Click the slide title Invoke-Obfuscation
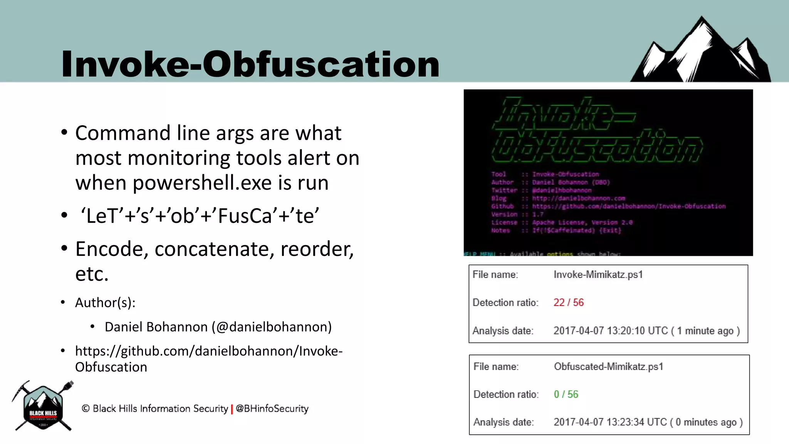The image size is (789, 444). click(x=250, y=64)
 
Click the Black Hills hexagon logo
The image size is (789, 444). click(x=43, y=407)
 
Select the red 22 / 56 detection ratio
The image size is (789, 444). click(x=568, y=303)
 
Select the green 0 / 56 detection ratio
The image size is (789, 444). click(x=566, y=394)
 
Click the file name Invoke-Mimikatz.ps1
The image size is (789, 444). click(x=598, y=275)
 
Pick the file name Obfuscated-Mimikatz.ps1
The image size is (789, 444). click(x=608, y=367)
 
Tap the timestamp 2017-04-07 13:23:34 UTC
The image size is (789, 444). click(x=610, y=422)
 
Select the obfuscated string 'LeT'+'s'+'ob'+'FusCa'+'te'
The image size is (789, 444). click(x=200, y=216)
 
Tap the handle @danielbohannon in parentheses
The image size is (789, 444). click(x=272, y=327)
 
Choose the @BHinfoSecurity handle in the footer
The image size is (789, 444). click(x=272, y=409)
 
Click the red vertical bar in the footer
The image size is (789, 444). click(x=232, y=409)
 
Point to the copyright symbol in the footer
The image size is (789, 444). click(x=86, y=409)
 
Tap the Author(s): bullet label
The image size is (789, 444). click(x=105, y=303)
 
